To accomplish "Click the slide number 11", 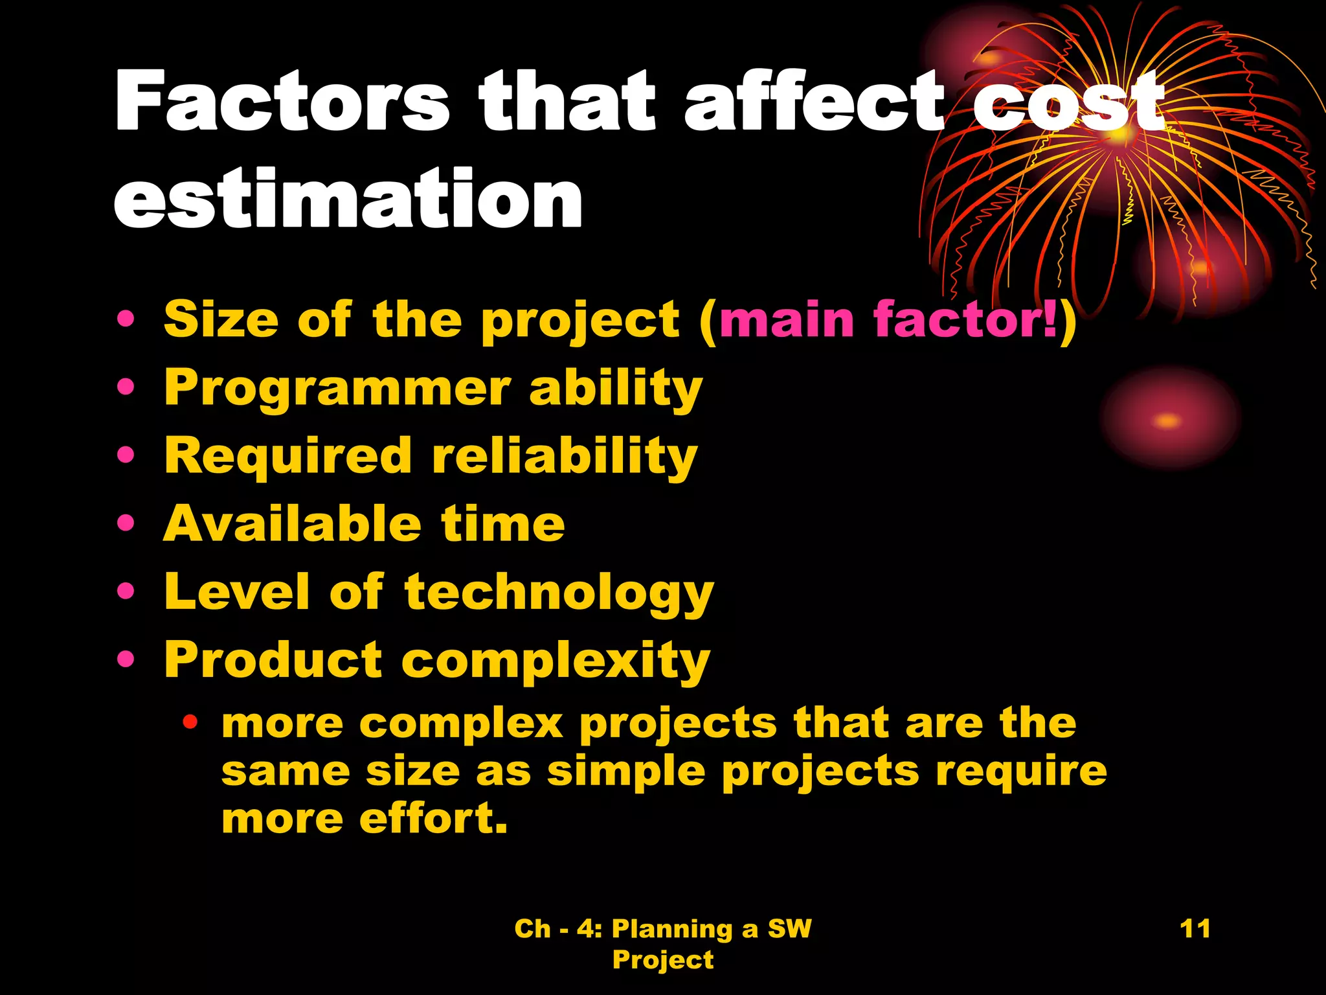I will [1195, 928].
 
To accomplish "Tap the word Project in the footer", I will [663, 959].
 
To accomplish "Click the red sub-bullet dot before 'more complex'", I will [190, 721].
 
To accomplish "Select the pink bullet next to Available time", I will [126, 523].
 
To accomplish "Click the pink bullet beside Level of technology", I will [126, 591].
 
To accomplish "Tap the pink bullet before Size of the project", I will [126, 319].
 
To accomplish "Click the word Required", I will [288, 456].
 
